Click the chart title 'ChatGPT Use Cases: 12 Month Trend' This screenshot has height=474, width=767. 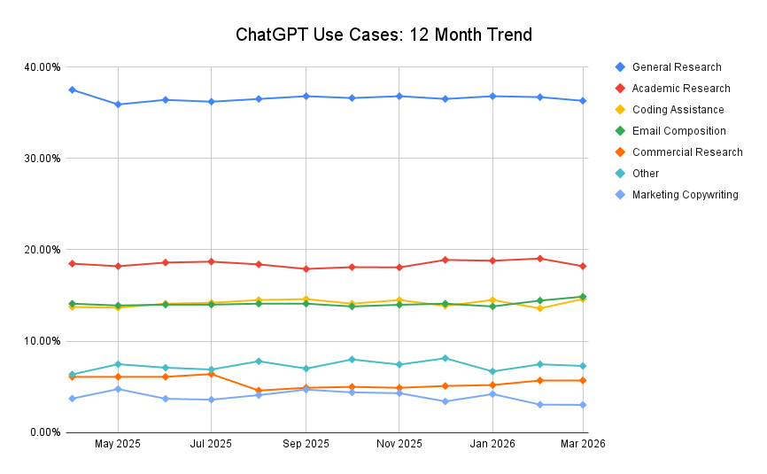[383, 35]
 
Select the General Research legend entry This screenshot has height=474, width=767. [676, 67]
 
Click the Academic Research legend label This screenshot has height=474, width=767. [680, 89]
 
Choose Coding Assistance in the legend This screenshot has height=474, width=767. [678, 110]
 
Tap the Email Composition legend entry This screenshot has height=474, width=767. [678, 131]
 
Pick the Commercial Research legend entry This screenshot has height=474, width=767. [686, 152]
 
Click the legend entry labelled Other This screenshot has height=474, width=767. [645, 174]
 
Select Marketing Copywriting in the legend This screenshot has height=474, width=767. [685, 195]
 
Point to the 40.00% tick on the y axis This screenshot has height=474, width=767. [42, 67]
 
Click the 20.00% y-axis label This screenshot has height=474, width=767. [42, 250]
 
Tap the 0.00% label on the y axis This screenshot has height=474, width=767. [44, 432]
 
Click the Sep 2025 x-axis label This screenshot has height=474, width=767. [305, 444]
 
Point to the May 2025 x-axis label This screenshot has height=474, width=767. [118, 444]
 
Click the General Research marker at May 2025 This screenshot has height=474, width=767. [118, 105]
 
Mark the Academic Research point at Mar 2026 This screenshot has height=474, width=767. [583, 266]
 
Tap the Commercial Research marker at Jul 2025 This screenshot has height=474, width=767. [211, 374]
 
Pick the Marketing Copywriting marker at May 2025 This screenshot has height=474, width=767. [118, 389]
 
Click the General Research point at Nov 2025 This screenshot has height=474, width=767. [398, 96]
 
